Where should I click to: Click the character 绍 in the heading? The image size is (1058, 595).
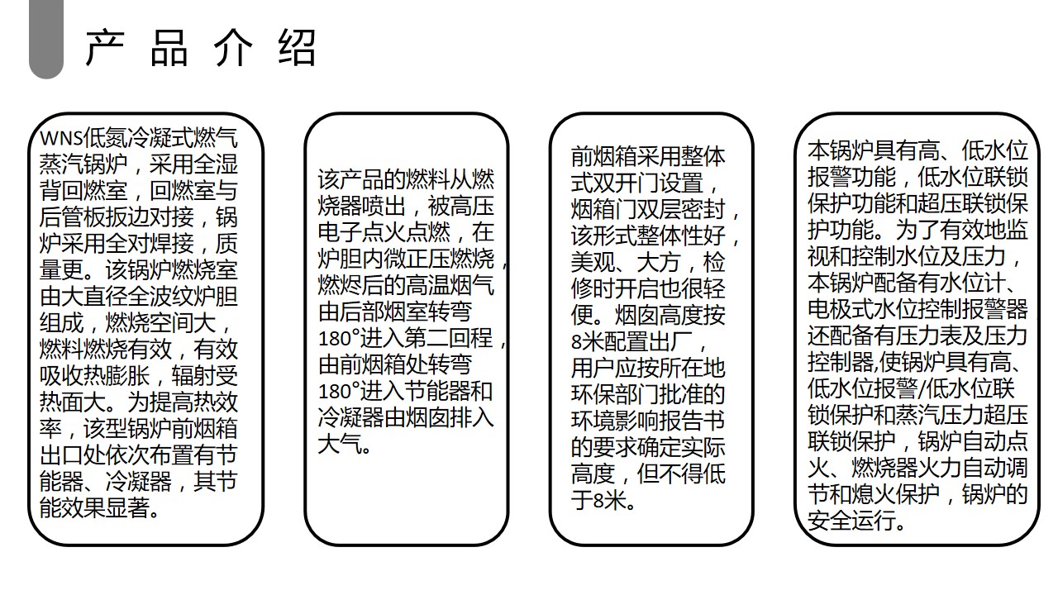tap(297, 47)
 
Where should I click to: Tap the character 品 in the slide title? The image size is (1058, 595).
tap(169, 47)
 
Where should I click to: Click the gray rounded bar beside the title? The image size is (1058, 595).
tap(46, 39)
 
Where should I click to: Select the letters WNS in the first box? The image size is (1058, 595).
tap(61, 138)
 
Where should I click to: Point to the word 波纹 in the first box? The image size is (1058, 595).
tap(172, 297)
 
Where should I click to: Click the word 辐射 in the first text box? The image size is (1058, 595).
tap(193, 376)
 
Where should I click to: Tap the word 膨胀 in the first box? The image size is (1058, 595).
tap(127, 376)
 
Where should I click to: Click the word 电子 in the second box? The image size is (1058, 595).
tap(340, 232)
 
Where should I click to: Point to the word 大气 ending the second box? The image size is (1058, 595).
tap(340, 444)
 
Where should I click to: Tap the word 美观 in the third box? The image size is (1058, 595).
tap(593, 263)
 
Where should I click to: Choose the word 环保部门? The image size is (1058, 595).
tap(615, 394)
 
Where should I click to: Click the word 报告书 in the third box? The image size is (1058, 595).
tap(693, 421)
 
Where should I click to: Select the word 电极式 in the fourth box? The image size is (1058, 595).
tap(841, 309)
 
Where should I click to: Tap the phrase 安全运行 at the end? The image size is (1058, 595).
tap(851, 521)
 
